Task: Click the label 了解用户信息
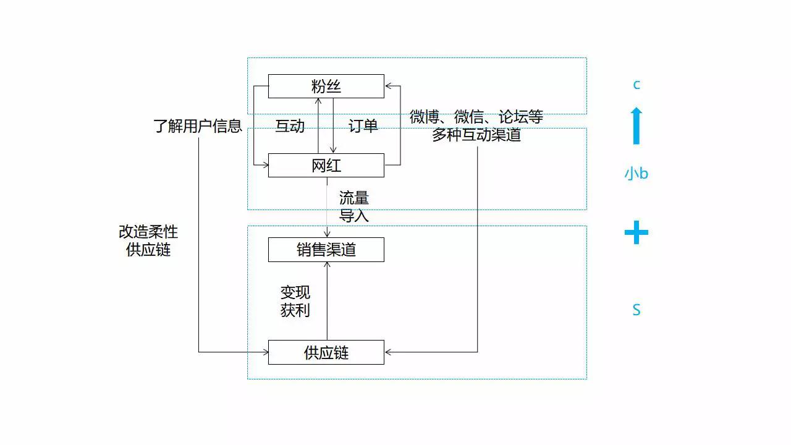(198, 126)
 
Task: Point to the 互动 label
(290, 126)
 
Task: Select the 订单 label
(363, 126)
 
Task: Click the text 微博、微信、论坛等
(476, 117)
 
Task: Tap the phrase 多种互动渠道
(476, 135)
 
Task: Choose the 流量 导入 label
(354, 207)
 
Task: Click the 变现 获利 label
(295, 301)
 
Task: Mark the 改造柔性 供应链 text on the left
(148, 241)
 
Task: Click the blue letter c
(637, 85)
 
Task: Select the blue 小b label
(637, 174)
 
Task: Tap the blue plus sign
(637, 232)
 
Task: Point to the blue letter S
(637, 310)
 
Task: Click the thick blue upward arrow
(637, 125)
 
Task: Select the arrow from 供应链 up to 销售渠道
(327, 301)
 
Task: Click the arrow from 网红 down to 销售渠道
(327, 207)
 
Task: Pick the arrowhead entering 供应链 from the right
(388, 352)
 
